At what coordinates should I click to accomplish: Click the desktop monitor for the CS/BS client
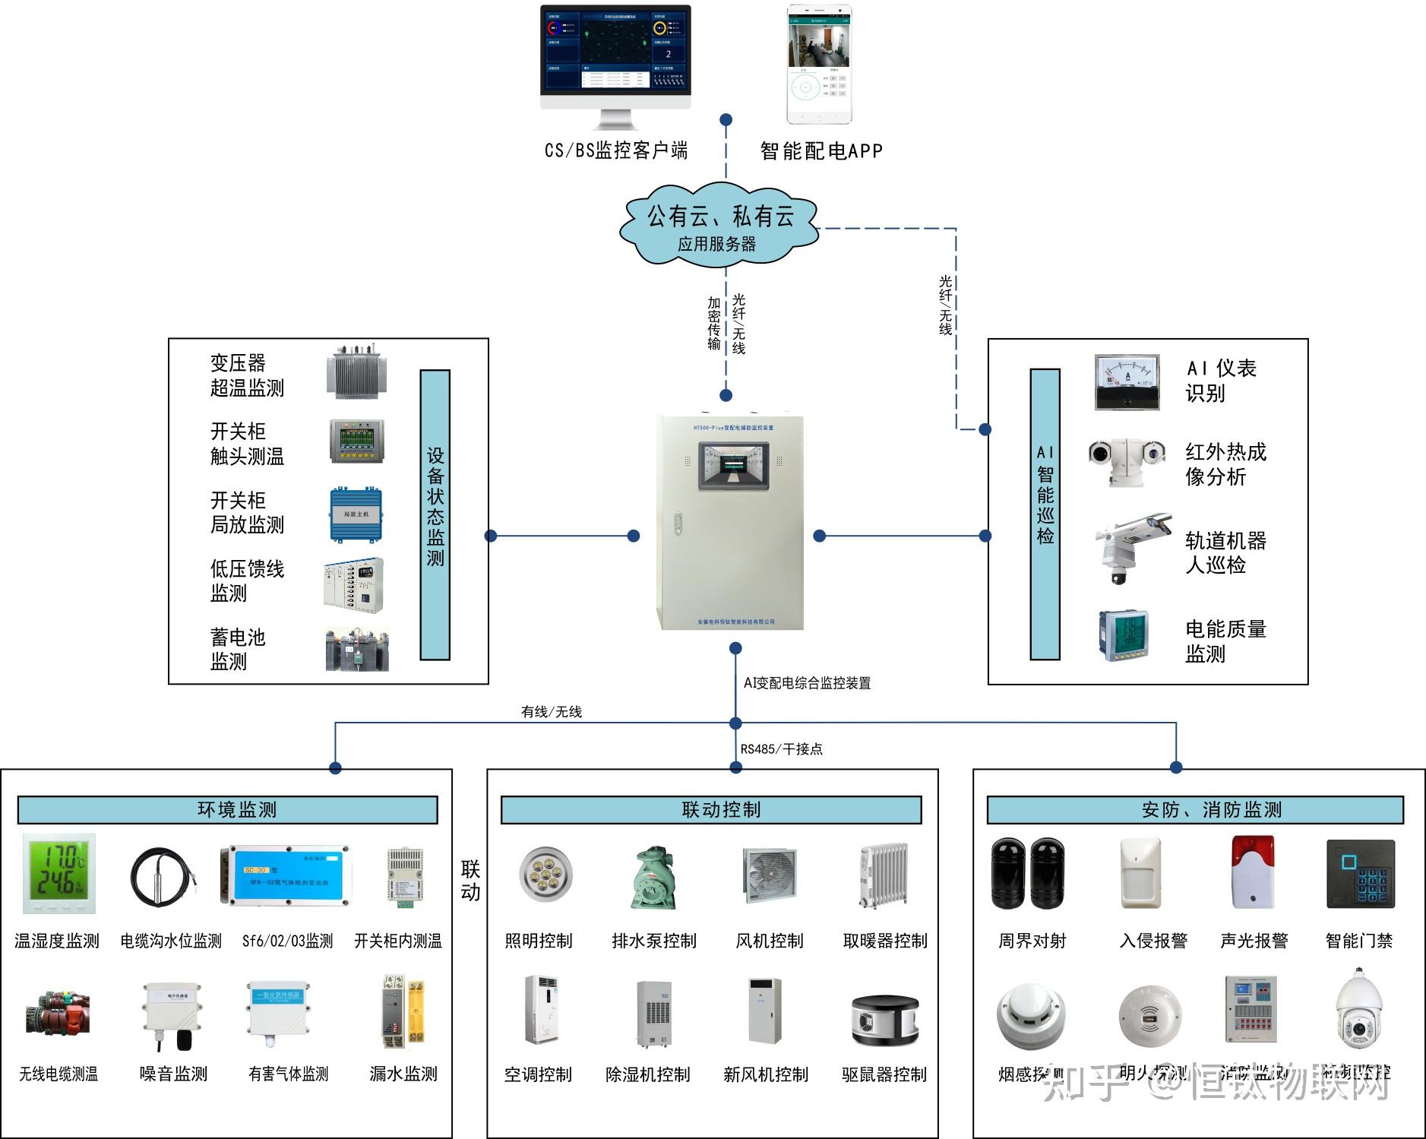[x=615, y=53]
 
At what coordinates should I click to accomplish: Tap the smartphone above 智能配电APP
[x=819, y=65]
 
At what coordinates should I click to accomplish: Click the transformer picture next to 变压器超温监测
[x=357, y=372]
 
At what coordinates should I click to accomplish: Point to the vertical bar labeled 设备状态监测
[x=435, y=514]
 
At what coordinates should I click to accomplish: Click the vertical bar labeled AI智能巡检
[x=1045, y=514]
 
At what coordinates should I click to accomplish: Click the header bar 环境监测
[x=228, y=810]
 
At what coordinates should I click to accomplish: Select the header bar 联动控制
[x=711, y=810]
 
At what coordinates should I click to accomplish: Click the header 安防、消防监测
[x=1195, y=810]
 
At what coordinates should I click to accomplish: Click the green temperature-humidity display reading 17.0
[x=59, y=873]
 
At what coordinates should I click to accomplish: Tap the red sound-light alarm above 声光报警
[x=1253, y=872]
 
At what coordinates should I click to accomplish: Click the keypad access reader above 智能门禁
[x=1361, y=874]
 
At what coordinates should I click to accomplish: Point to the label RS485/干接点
[x=781, y=749]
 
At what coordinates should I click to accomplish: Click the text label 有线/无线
[x=552, y=712]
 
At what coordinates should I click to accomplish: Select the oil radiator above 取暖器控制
[x=884, y=875]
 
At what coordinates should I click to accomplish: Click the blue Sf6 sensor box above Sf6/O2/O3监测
[x=286, y=876]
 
